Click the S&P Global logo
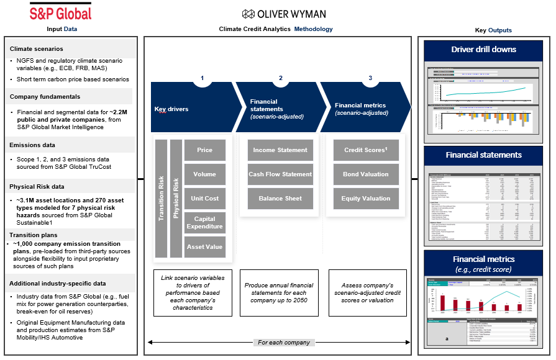pyautogui.click(x=61, y=12)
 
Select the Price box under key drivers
pyautogui.click(x=204, y=150)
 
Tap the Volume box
pyautogui.click(x=204, y=174)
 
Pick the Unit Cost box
pyautogui.click(x=204, y=199)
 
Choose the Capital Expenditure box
pyautogui.click(x=204, y=223)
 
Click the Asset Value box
pyautogui.click(x=204, y=247)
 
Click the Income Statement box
pyautogui.click(x=280, y=150)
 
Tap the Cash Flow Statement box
pyautogui.click(x=280, y=174)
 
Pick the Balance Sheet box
pyautogui.click(x=280, y=199)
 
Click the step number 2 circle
pyautogui.click(x=281, y=79)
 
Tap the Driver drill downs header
pyautogui.click(x=483, y=49)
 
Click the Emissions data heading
pyautogui.click(x=33, y=145)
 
